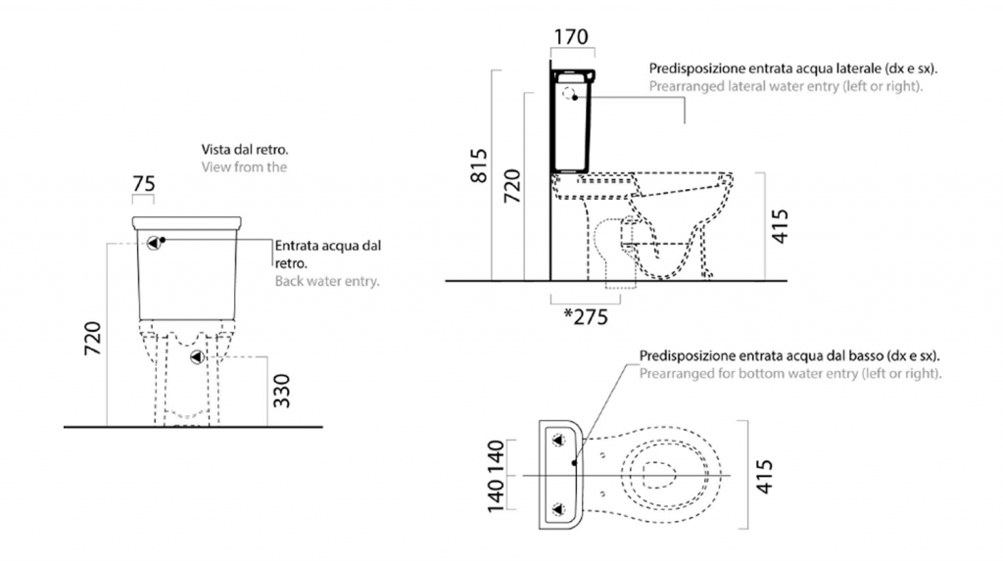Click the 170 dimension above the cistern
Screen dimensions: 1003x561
point(571,36)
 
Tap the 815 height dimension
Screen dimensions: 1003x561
point(478,165)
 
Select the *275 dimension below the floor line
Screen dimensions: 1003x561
point(586,316)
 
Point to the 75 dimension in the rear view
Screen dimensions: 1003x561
point(143,184)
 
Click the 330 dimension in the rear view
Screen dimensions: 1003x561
point(281,391)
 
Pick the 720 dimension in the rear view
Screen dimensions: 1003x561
point(93,339)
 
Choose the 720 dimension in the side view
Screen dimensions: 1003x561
point(512,186)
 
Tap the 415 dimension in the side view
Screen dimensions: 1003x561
point(780,226)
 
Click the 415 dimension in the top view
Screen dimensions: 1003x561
point(764,477)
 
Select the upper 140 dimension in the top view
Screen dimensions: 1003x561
point(496,457)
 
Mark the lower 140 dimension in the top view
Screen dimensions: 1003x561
point(496,495)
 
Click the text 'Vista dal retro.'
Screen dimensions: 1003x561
point(245,150)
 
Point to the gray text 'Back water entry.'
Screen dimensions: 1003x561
point(327,281)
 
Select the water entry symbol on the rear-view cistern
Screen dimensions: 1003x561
point(154,243)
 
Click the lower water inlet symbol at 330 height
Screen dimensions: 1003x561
point(197,357)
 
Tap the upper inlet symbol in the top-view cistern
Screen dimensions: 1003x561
point(558,441)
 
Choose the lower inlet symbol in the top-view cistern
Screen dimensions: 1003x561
point(558,509)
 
